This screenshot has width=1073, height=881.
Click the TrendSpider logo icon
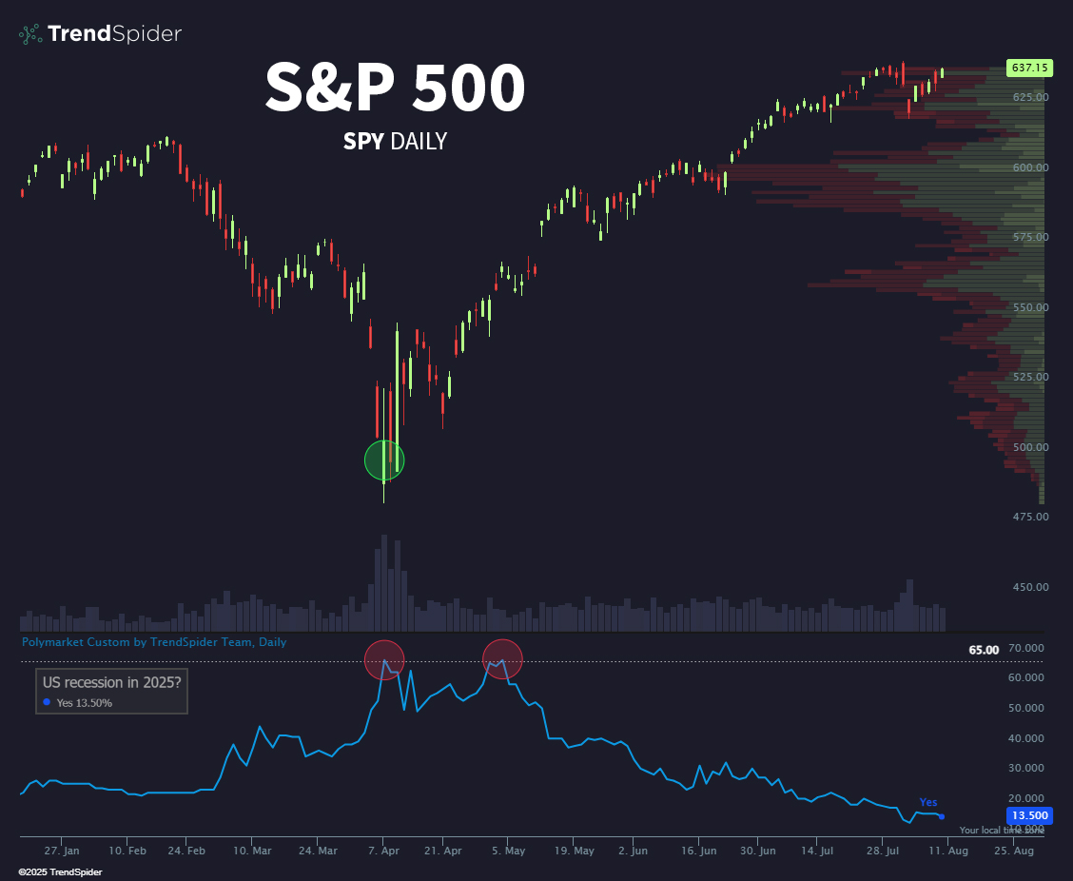[30, 34]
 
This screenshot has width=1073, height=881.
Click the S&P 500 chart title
[395, 88]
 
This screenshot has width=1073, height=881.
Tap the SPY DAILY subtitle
[395, 142]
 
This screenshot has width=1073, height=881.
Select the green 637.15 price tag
[1030, 69]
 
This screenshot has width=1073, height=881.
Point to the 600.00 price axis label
[1030, 167]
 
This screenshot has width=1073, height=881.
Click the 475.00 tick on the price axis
[1030, 518]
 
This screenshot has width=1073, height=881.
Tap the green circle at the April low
[384, 460]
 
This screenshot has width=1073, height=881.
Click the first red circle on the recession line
[384, 659]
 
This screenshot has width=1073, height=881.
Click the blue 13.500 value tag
[1029, 815]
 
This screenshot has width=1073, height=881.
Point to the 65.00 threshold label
[984, 650]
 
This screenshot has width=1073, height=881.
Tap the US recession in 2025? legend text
[112, 681]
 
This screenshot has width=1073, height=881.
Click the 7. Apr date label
[382, 850]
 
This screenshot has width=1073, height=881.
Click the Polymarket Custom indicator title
[154, 642]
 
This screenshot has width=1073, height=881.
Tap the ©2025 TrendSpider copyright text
[60, 871]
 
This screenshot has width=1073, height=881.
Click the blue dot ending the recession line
[942, 816]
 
